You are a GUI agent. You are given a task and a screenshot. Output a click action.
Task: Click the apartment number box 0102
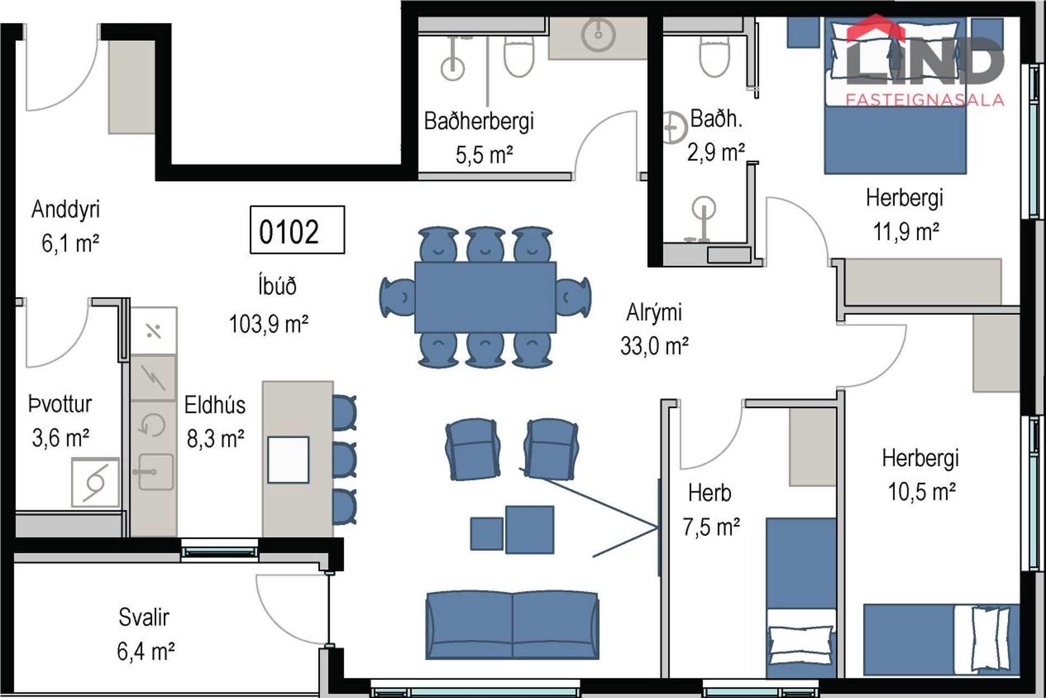click(x=297, y=230)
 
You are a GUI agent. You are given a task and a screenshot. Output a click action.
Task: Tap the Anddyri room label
click(x=65, y=209)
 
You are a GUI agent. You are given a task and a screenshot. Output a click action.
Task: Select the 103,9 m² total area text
click(x=269, y=324)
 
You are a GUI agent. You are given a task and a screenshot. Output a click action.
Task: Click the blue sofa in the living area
click(x=512, y=625)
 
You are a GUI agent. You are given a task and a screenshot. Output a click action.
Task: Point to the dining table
click(x=485, y=297)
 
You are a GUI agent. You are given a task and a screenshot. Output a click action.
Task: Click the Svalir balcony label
click(x=144, y=617)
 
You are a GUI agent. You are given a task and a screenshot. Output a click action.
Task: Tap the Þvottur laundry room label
click(x=60, y=404)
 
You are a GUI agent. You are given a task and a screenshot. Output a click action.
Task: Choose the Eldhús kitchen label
click(x=215, y=405)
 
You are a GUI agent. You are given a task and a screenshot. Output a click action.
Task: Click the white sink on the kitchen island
click(x=288, y=459)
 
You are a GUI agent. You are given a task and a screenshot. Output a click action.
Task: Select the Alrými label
click(x=654, y=312)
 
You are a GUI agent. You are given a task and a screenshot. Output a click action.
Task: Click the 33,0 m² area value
click(x=654, y=346)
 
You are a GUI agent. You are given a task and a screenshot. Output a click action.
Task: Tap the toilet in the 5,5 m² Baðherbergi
click(x=519, y=56)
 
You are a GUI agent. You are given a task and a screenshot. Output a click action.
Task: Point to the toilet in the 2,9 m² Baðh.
click(x=714, y=56)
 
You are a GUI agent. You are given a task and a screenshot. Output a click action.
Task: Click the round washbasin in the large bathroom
click(x=598, y=35)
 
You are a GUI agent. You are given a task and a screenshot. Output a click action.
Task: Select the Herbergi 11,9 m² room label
click(x=905, y=214)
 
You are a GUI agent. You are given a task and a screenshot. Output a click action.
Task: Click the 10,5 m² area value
click(x=922, y=491)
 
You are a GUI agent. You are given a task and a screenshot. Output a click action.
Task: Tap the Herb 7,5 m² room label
click(x=711, y=510)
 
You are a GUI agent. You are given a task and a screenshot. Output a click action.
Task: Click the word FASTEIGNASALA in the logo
click(x=925, y=100)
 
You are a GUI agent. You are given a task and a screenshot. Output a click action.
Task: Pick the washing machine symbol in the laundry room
click(x=95, y=482)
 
